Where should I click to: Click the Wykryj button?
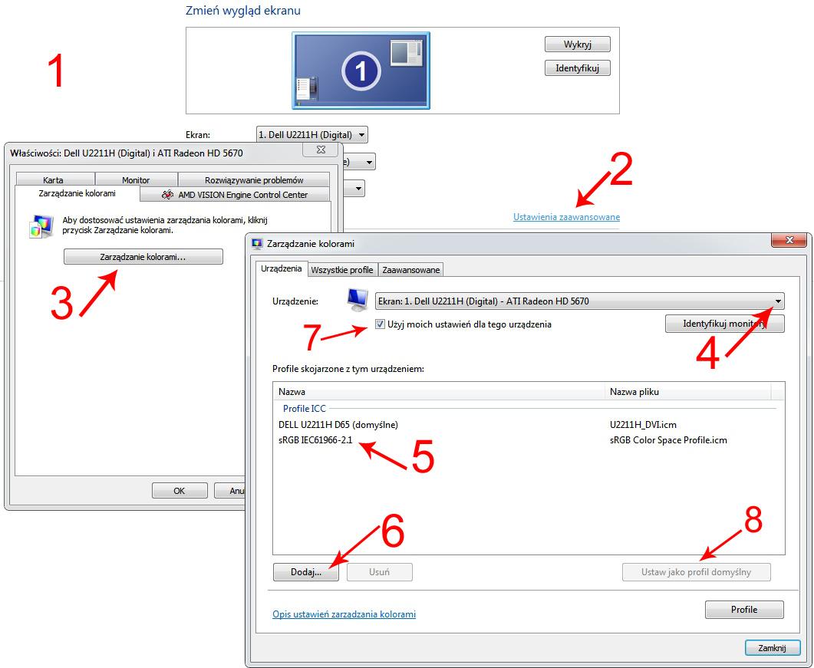click(x=577, y=44)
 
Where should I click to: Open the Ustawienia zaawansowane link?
click(x=566, y=217)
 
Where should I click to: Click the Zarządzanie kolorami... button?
click(x=143, y=256)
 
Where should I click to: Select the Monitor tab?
click(x=136, y=179)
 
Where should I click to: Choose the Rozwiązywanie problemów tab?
click(x=254, y=179)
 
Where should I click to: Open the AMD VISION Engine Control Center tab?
click(x=235, y=195)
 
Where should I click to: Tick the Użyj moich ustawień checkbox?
click(x=380, y=324)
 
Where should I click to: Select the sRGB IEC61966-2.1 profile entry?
click(x=315, y=440)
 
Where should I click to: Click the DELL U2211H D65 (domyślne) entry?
click(x=338, y=425)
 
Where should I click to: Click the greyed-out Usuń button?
click(x=380, y=572)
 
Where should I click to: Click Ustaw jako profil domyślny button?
click(x=696, y=572)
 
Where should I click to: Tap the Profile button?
click(x=744, y=610)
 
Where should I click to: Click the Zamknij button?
click(x=772, y=648)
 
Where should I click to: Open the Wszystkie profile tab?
click(x=342, y=270)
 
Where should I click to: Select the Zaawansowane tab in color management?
click(x=410, y=270)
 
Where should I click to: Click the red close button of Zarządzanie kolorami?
click(x=789, y=240)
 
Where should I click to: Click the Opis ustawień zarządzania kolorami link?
click(x=344, y=614)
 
